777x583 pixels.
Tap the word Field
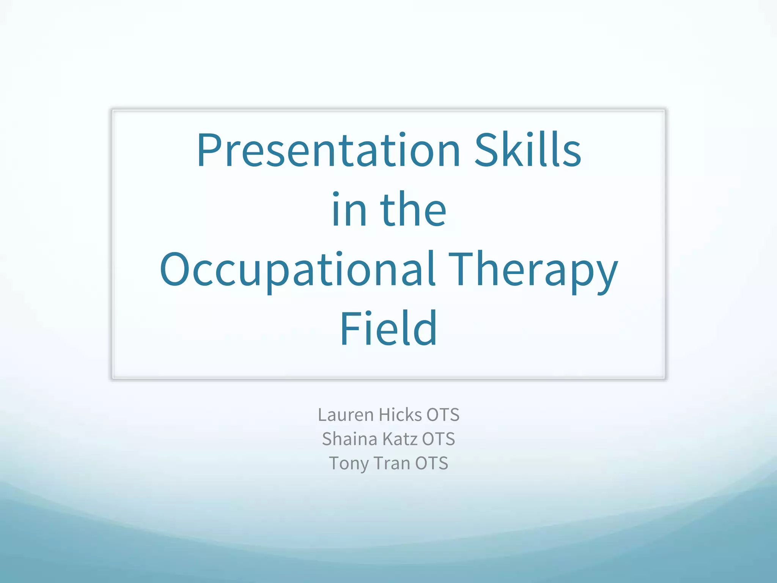388,329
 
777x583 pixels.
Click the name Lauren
346,415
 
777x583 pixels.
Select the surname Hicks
400,415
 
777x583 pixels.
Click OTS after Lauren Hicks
443,415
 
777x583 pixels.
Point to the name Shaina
349,439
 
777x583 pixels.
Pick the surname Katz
400,439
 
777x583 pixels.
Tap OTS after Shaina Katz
438,439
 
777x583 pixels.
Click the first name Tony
349,464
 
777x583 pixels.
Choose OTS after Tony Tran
431,463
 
